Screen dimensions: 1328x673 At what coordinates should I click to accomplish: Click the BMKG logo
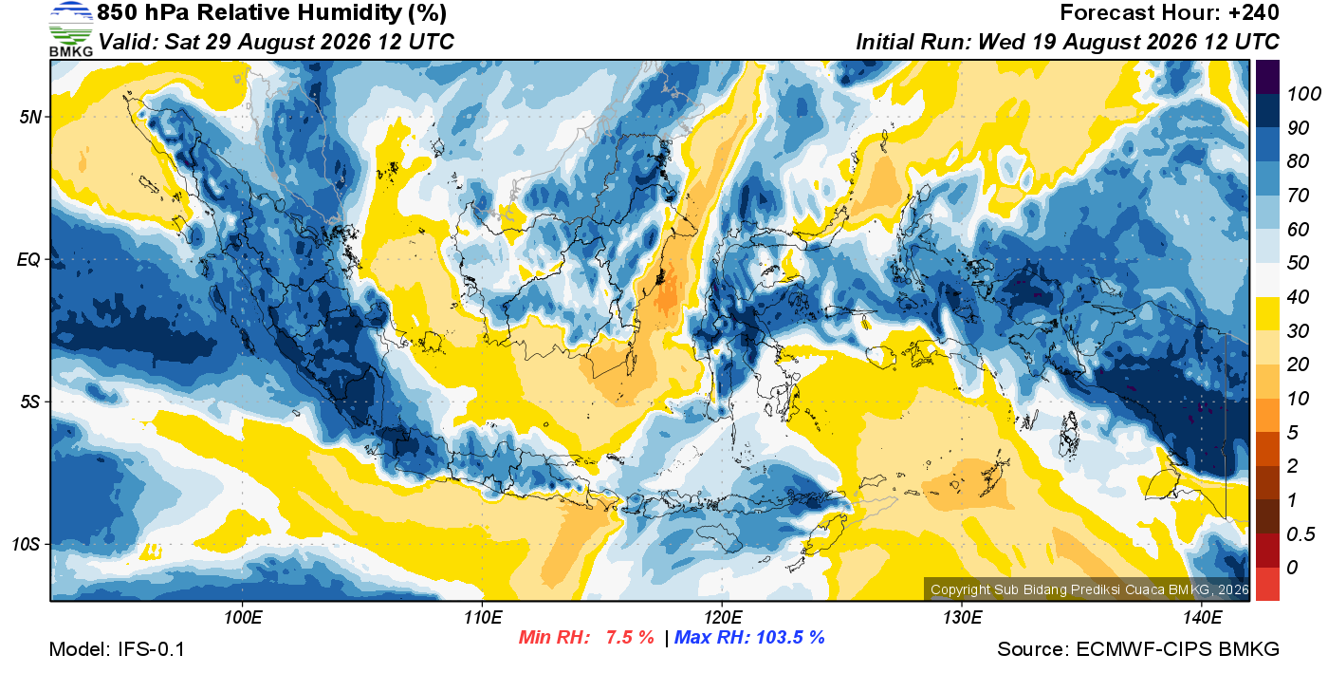(70, 29)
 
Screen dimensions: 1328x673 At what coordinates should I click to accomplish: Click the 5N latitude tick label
(30, 117)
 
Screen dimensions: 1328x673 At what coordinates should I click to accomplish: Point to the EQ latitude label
(28, 259)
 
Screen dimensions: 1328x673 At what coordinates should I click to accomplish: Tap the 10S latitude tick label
(27, 544)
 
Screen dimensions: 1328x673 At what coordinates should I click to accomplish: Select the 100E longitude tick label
(243, 617)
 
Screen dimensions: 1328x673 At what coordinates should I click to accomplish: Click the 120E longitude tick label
(723, 617)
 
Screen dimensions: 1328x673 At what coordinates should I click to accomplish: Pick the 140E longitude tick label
(1202, 617)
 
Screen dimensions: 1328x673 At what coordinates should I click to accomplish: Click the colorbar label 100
(1303, 94)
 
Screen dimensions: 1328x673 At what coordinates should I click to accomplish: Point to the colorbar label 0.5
(1300, 534)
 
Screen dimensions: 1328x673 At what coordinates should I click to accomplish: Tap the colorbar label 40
(1298, 297)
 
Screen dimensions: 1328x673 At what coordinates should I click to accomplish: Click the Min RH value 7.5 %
(630, 637)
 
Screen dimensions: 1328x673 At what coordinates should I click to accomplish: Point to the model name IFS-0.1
(151, 649)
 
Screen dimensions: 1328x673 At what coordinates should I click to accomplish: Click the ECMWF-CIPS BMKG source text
(1177, 649)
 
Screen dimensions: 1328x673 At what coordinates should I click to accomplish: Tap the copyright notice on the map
(1089, 589)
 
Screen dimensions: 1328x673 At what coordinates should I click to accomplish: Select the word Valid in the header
(128, 42)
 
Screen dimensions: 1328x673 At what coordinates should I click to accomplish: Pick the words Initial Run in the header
(913, 42)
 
